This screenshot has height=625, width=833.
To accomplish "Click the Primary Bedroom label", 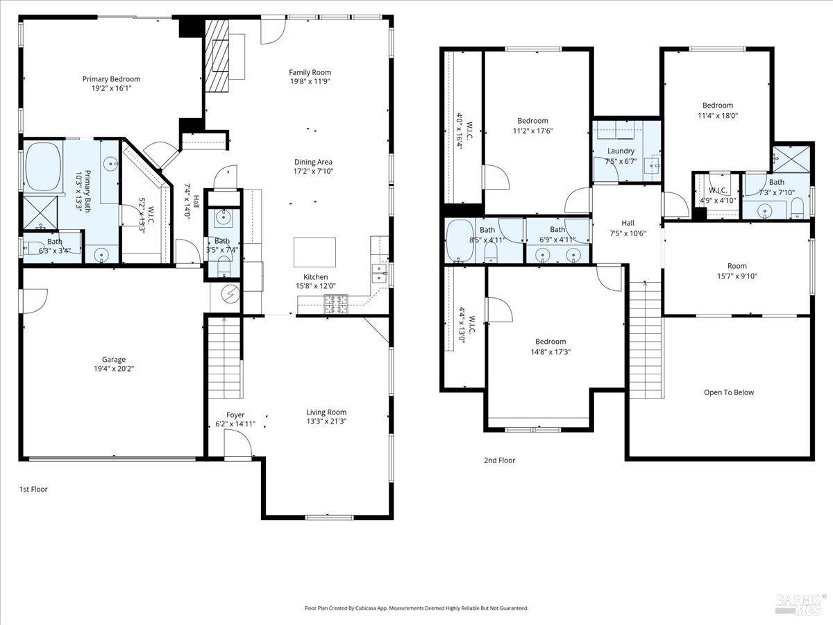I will [111, 79].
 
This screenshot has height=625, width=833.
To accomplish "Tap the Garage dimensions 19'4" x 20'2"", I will [114, 369].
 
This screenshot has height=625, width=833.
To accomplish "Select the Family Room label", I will [310, 72].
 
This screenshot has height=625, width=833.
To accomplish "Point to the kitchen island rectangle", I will [314, 249].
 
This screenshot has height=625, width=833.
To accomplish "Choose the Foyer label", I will [235, 415].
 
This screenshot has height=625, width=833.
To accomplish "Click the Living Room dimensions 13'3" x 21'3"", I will [326, 421].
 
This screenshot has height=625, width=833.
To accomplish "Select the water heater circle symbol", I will [230, 294].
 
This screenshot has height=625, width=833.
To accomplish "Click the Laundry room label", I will [621, 151].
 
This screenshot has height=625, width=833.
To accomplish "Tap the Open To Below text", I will [728, 392].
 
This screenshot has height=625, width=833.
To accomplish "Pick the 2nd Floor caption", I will [500, 460].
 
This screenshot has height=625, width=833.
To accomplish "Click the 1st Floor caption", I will [33, 489].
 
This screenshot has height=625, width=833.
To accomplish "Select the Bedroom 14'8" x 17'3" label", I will [550, 342].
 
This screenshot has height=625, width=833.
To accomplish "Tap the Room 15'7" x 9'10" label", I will [737, 266].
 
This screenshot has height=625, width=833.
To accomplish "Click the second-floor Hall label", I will [628, 223].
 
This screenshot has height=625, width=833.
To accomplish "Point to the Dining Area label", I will [313, 162].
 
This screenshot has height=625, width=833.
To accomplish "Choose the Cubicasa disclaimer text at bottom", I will [416, 608].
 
